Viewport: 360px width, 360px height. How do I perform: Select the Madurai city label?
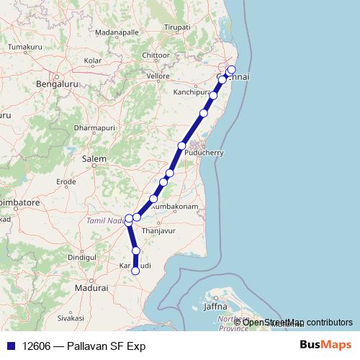pyautogui.click(x=93, y=287)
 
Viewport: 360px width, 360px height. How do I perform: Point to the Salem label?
pyautogui.click(x=94, y=158)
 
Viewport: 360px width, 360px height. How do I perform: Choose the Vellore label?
pyautogui.click(x=158, y=76)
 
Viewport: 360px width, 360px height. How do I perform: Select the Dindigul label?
pyautogui.click(x=81, y=257)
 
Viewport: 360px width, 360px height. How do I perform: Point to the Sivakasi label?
pyautogui.click(x=71, y=317)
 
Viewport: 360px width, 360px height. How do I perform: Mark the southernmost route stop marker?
pyautogui.click(x=135, y=271)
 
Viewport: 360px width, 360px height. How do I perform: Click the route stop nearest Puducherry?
pyautogui.click(x=182, y=146)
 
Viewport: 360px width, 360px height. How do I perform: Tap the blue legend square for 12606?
pyautogui.click(x=11, y=346)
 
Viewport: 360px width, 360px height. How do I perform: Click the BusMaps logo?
pyautogui.click(x=325, y=346)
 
